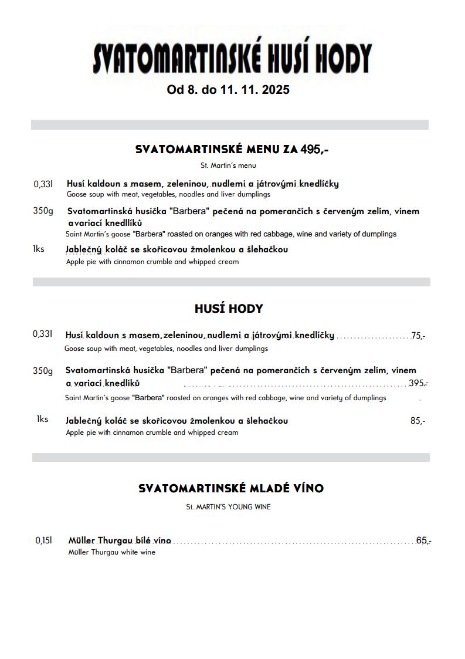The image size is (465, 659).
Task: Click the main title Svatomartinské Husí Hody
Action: tap(232, 59)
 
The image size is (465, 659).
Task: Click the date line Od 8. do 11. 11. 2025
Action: tap(228, 90)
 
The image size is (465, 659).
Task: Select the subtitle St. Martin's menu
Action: tap(228, 165)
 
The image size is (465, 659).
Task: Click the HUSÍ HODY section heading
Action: tap(229, 309)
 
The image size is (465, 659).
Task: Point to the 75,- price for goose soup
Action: tap(418, 336)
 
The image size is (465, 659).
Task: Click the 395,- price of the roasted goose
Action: tap(418, 383)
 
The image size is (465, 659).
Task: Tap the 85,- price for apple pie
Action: tap(418, 421)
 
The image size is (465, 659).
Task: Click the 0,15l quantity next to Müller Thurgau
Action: tap(44, 540)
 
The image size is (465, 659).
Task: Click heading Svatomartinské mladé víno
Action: tap(231, 488)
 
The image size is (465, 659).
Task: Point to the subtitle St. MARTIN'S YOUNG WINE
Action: tap(228, 506)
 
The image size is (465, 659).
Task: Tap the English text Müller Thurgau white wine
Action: tap(111, 552)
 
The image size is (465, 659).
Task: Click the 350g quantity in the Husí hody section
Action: tap(43, 371)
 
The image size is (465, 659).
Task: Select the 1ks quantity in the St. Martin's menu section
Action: tap(39, 249)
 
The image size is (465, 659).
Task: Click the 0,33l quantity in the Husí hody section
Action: tap(43, 334)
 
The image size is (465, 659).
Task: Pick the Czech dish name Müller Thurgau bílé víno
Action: tap(120, 540)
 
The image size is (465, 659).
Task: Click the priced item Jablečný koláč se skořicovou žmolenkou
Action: tap(177, 421)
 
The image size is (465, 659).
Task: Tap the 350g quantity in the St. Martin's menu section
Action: tap(43, 211)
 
